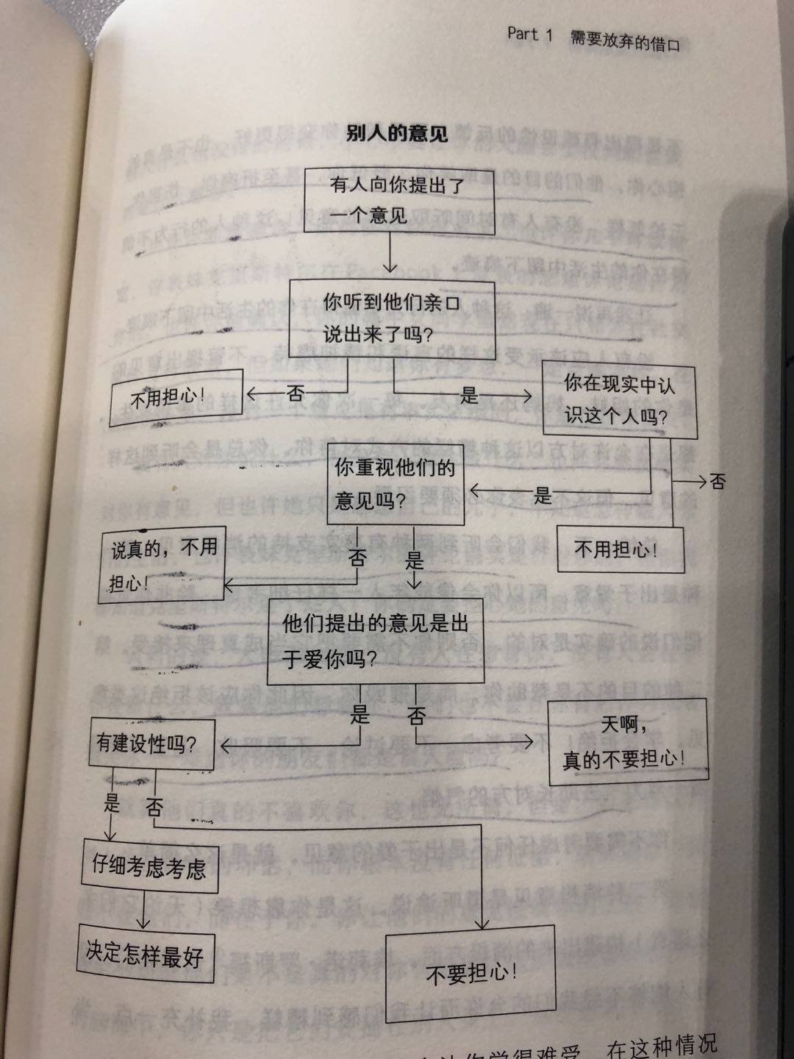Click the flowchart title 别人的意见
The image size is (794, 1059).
396,133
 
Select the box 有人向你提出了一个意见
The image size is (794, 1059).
399,200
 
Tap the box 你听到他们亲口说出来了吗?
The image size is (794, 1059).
392,318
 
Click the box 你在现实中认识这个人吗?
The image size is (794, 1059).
619,401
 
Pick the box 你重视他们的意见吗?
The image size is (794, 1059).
396,484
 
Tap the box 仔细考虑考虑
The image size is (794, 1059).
149,868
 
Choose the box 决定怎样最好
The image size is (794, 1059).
145,955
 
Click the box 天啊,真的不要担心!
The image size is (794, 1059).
627,742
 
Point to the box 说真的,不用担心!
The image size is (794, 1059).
162,565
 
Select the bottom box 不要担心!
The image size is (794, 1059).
471,974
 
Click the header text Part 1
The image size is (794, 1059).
529,35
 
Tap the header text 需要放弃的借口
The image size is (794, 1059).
625,42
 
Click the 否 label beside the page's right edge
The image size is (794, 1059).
717,482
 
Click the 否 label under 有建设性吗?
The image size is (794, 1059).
154,807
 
